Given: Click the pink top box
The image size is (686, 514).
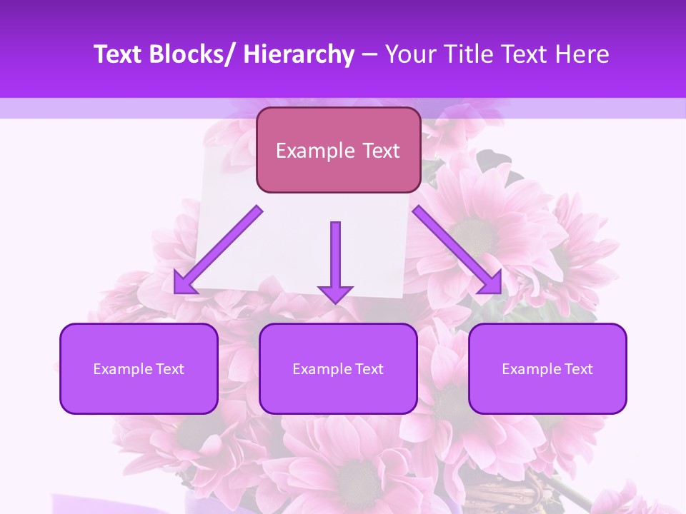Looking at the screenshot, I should [338, 150].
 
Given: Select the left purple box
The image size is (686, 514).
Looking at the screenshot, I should [139, 368].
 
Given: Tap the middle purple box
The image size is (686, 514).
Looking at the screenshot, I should [338, 368].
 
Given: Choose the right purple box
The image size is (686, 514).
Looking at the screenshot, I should [547, 368].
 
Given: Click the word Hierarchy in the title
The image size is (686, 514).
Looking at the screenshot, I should [298, 55].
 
